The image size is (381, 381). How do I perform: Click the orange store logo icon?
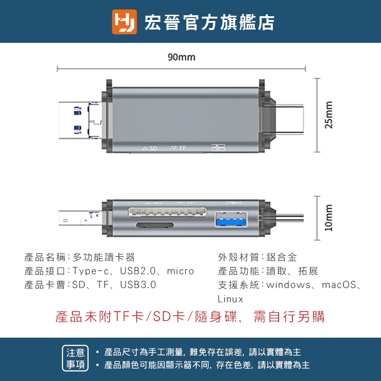click(x=124, y=21)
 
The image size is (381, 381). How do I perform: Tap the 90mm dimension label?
click(x=181, y=57)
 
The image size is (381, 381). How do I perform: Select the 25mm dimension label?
click(x=328, y=115)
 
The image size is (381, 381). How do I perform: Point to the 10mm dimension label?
click(x=328, y=218)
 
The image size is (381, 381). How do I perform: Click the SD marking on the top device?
click(x=150, y=148)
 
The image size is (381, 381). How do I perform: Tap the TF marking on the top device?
click(x=179, y=148)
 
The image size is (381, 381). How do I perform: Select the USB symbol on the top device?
click(x=218, y=148)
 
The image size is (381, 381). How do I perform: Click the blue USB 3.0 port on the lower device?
click(x=231, y=220)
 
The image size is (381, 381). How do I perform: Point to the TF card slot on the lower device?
click(x=155, y=225)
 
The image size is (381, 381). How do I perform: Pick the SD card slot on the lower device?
click(x=168, y=211)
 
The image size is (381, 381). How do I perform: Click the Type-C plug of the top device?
click(x=289, y=119)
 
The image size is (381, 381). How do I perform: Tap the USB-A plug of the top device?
click(x=80, y=120)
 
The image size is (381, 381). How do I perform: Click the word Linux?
click(x=231, y=299)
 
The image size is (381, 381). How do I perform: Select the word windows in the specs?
click(x=289, y=285)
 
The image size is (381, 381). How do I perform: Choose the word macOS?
click(x=339, y=285)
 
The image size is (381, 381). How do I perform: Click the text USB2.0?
click(x=138, y=271)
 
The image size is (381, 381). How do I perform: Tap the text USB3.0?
click(x=138, y=285)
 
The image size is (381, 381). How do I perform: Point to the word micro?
click(x=180, y=271)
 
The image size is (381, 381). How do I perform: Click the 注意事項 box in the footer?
click(x=75, y=358)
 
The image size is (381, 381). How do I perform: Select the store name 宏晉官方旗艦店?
click(x=210, y=22)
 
